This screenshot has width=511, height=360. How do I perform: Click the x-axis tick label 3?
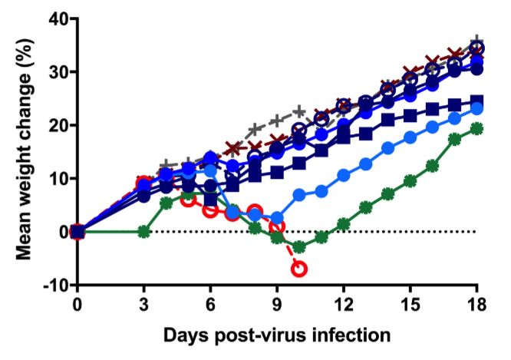tap(143, 302)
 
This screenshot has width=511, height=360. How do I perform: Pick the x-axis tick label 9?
tap(277, 302)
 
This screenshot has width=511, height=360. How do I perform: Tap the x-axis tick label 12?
tap(343, 302)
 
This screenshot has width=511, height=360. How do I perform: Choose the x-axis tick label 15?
tap(410, 302)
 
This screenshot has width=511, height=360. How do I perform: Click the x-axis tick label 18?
tap(476, 302)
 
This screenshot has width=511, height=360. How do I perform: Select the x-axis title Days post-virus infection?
tap(276, 335)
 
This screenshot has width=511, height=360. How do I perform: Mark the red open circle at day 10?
tap(299, 269)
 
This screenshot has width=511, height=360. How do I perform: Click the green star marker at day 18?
tap(476, 128)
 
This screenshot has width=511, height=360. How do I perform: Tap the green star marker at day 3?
tap(143, 231)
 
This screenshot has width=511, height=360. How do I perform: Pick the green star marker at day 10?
tap(299, 247)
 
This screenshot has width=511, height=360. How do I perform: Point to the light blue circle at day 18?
tap(476, 108)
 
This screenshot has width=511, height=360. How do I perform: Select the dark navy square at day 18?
tap(476, 101)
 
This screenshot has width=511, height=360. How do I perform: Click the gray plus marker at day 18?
tap(476, 41)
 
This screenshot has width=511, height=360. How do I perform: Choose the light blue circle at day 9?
tap(277, 218)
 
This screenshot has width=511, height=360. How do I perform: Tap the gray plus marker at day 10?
tap(299, 112)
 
